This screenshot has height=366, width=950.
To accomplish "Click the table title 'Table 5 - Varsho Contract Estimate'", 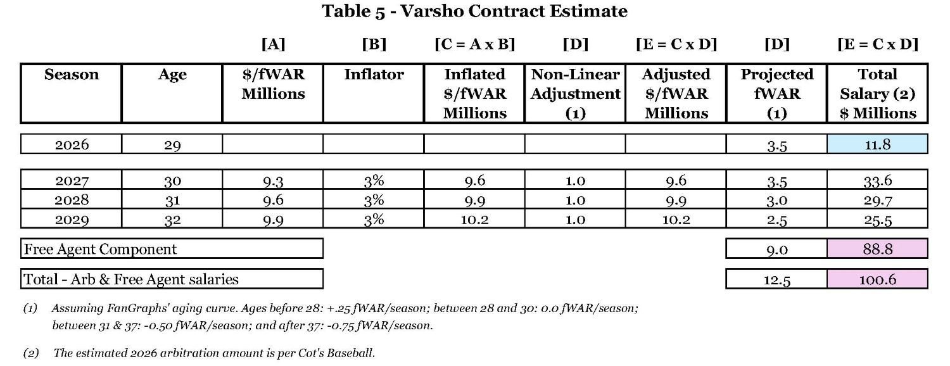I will (x=474, y=11).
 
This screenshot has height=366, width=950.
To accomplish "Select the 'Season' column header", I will (x=71, y=75).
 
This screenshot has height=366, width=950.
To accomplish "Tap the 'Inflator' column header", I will (x=374, y=75).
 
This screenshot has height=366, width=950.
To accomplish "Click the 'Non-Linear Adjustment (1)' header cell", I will (x=575, y=94).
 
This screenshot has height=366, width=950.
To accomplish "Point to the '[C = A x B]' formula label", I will (x=474, y=44).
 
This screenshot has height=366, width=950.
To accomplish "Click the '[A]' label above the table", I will (x=273, y=44).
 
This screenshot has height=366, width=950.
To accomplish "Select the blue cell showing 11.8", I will (x=877, y=144).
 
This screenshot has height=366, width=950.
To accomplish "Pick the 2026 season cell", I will (x=72, y=145).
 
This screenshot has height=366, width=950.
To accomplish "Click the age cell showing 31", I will (x=172, y=200).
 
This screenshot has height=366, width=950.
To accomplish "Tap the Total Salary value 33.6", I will (x=877, y=181).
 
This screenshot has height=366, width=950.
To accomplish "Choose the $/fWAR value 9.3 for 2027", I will (x=273, y=181).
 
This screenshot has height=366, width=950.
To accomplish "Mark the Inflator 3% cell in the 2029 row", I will (x=374, y=219).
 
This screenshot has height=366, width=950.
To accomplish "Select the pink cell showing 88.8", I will (x=877, y=249).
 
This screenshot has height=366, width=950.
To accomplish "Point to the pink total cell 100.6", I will (x=877, y=279).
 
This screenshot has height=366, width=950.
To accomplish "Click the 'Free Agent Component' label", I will (x=101, y=249).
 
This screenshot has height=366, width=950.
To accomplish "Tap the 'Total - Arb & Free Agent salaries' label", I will (x=131, y=279).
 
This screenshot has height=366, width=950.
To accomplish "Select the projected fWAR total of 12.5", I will (x=777, y=279).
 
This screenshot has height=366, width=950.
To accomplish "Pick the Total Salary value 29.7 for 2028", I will (x=877, y=200).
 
